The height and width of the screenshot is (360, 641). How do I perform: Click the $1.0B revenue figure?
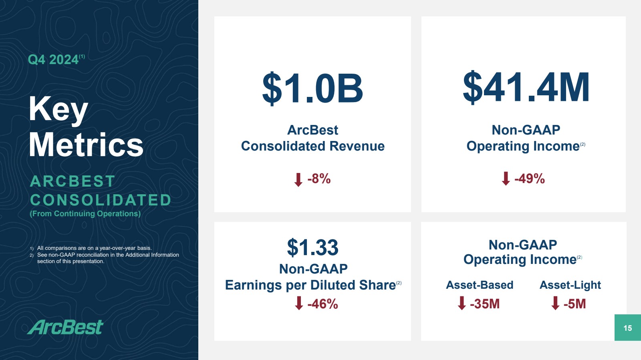point(312,88)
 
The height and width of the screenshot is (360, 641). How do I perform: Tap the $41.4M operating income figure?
point(526,87)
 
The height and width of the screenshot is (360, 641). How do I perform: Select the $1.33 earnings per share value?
point(312,247)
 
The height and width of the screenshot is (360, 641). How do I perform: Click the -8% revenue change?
point(319,179)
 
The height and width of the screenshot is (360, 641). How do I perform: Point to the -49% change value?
point(529,179)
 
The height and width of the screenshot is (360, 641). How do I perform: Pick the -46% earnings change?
point(323,304)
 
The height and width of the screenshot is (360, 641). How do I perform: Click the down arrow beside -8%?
point(298,179)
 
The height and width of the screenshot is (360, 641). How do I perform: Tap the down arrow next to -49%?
point(506,179)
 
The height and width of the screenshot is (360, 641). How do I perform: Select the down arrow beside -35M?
point(462,303)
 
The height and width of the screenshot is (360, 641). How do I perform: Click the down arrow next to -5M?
point(555,303)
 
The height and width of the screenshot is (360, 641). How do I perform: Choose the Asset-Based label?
point(480,285)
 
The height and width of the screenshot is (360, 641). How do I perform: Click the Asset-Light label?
point(570,285)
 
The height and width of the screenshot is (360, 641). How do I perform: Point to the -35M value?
point(485,304)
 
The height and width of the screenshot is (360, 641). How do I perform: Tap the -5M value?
point(574,304)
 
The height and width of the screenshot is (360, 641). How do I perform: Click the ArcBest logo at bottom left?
point(66,327)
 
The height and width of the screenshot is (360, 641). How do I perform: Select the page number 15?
point(627,328)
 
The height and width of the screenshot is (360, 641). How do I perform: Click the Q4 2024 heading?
point(53,60)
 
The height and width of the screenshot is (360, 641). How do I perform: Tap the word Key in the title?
point(58,109)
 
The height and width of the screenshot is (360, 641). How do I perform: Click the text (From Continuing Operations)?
point(85,214)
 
